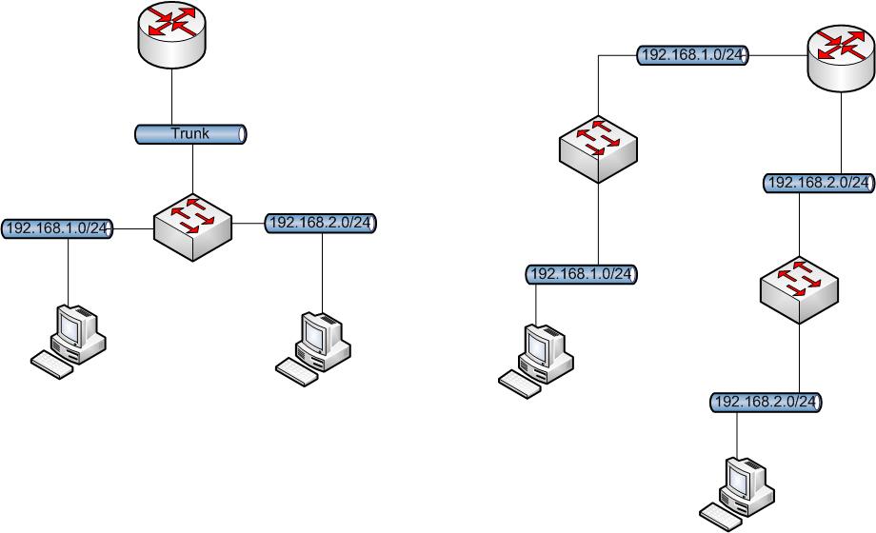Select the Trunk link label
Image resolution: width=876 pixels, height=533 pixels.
coord(190,134)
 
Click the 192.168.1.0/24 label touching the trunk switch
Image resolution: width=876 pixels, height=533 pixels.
coord(58,228)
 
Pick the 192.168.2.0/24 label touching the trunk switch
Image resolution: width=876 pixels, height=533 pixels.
coord(322,223)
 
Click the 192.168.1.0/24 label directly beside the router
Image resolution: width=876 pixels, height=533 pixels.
coord(692,55)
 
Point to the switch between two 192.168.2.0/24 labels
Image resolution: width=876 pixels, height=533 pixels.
coord(800,286)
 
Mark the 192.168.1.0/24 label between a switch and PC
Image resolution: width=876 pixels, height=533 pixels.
coord(580,274)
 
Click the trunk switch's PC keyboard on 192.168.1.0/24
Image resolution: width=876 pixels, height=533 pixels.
coord(51,365)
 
